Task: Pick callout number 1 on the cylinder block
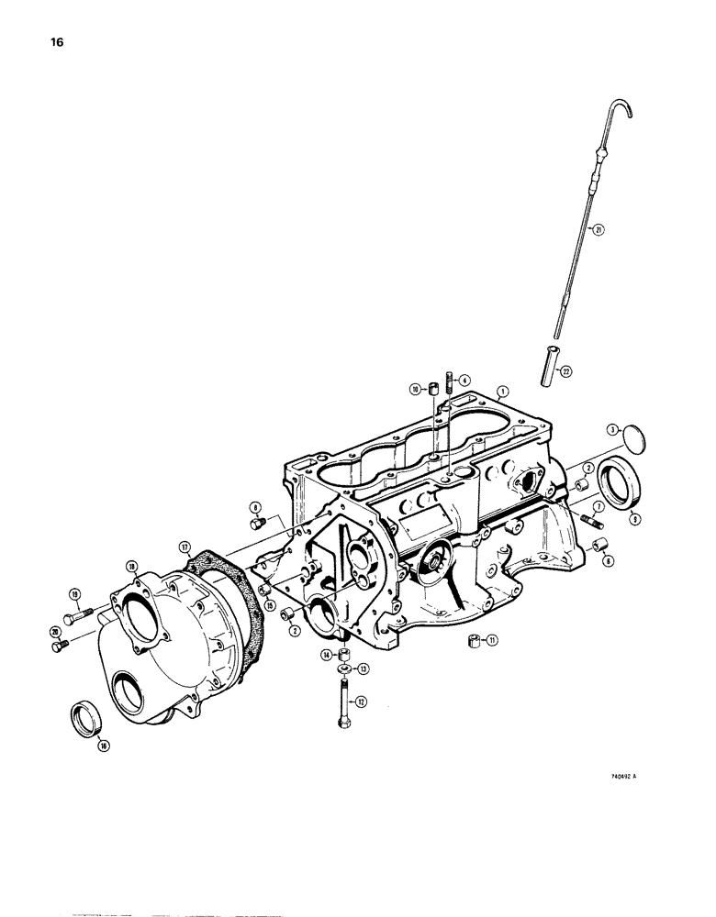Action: click(500, 391)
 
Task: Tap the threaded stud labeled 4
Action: click(449, 380)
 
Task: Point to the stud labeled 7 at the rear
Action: click(587, 524)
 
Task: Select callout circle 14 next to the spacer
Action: click(326, 655)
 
